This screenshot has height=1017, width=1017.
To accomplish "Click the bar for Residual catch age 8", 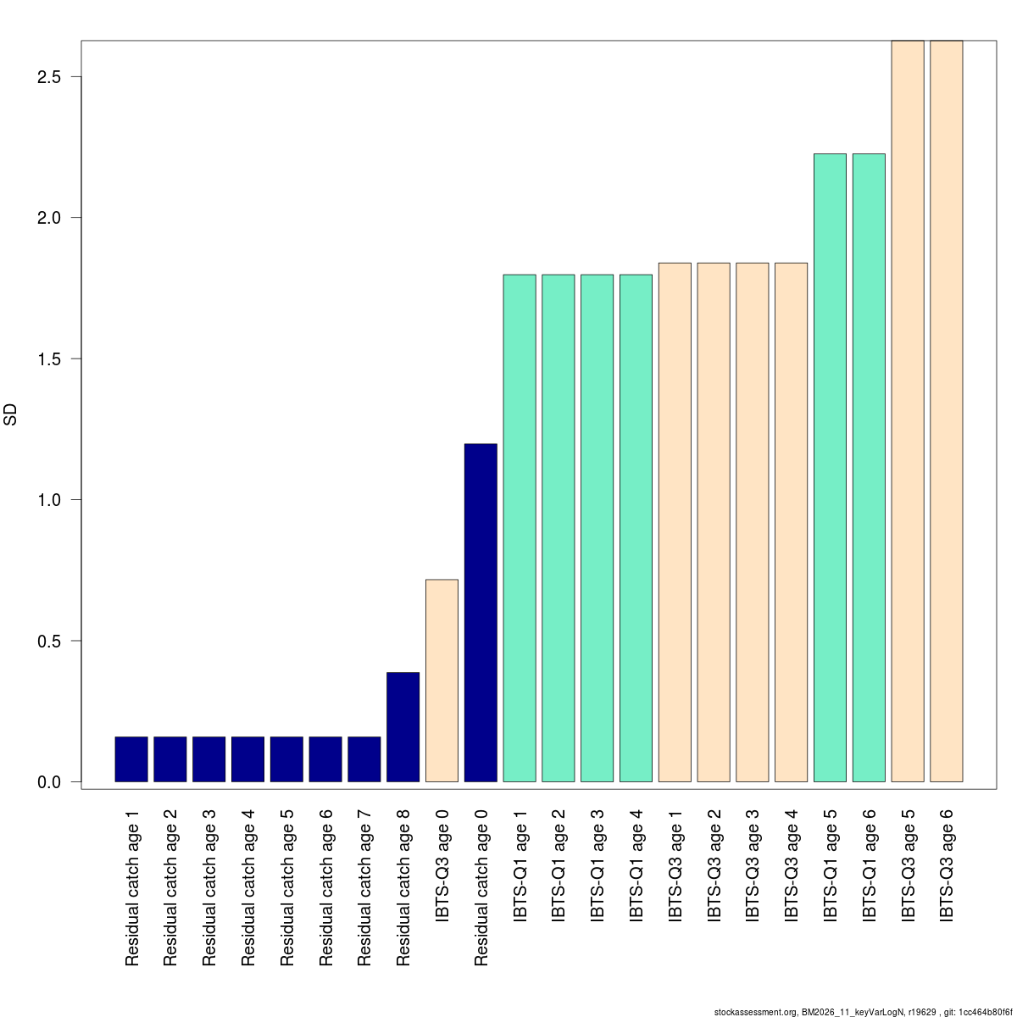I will pyautogui.click(x=403, y=726).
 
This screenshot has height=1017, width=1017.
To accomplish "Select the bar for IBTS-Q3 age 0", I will pyautogui.click(x=442, y=681).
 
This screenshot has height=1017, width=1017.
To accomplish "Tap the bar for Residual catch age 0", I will pyautogui.click(x=481, y=612).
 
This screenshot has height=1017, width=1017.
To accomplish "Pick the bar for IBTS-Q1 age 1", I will pyautogui.click(x=520, y=528).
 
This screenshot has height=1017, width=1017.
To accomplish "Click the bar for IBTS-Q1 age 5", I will pyautogui.click(x=830, y=468).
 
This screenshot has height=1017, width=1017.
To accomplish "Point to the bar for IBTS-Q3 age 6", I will pyautogui.click(x=947, y=411).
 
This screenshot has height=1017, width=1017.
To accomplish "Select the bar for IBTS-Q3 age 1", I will pyautogui.click(x=675, y=522).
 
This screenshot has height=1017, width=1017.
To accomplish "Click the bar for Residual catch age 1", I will pyautogui.click(x=131, y=759).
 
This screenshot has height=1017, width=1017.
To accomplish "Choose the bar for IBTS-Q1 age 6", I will pyautogui.click(x=869, y=468).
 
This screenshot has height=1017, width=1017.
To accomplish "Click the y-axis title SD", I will pyautogui.click(x=11, y=414).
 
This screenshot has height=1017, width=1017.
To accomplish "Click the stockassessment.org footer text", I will pyautogui.click(x=864, y=1012).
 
